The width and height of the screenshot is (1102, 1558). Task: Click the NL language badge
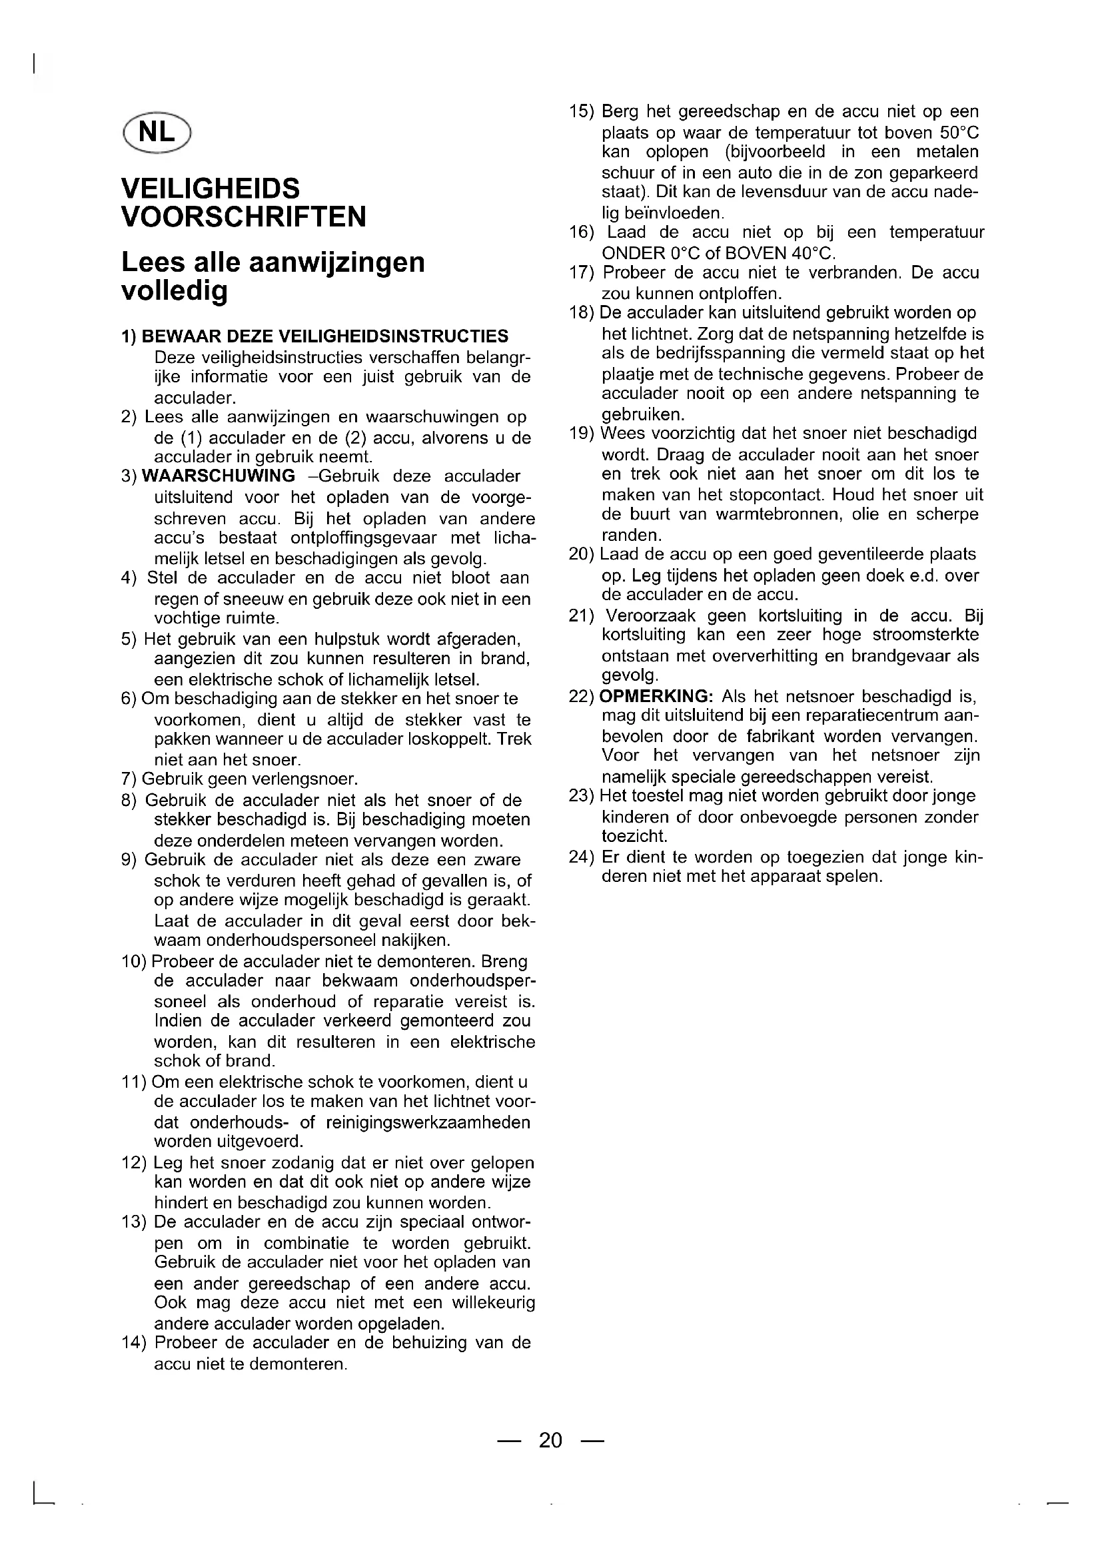[157, 132]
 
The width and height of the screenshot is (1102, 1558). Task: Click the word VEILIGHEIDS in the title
[211, 188]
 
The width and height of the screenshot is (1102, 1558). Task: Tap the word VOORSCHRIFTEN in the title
[244, 217]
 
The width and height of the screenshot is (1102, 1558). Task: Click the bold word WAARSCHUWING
[219, 476]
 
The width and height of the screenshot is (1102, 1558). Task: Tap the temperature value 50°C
[959, 132]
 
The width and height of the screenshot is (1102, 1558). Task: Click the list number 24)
[582, 857]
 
